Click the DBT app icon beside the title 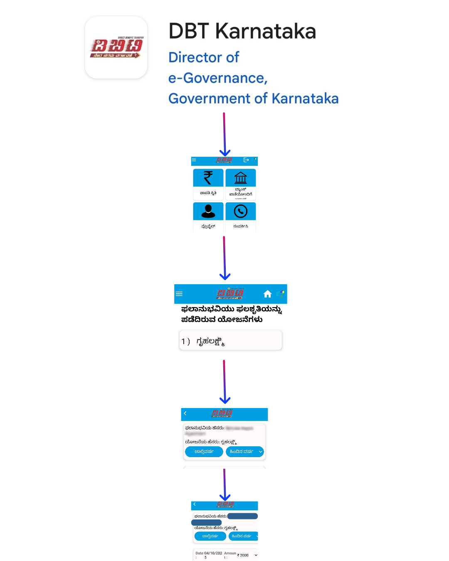pyautogui.click(x=116, y=47)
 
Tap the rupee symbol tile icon pyautogui.click(x=208, y=178)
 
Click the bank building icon pyautogui.click(x=241, y=178)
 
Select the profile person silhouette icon pyautogui.click(x=208, y=211)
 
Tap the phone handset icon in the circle pyautogui.click(x=241, y=211)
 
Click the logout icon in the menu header pyautogui.click(x=246, y=160)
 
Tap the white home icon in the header pyautogui.click(x=267, y=294)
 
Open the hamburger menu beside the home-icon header pyautogui.click(x=179, y=294)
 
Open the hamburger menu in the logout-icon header pyautogui.click(x=194, y=160)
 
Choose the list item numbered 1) pyautogui.click(x=230, y=341)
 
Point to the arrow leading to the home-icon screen pyautogui.click(x=224, y=258)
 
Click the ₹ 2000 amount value pyautogui.click(x=243, y=555)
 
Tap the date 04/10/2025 pyautogui.click(x=213, y=555)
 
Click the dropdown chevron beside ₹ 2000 pyautogui.click(x=256, y=555)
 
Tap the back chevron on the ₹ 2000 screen pyautogui.click(x=194, y=504)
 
